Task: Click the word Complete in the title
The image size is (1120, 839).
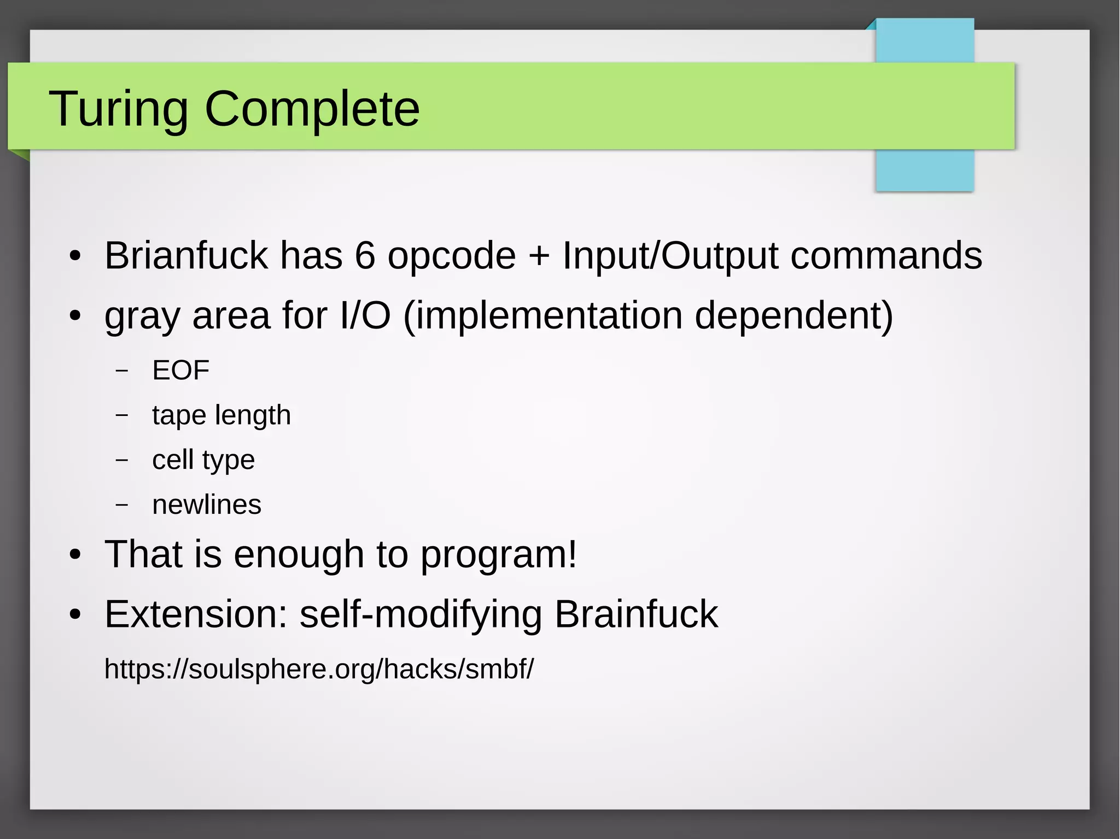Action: pyautogui.click(x=312, y=109)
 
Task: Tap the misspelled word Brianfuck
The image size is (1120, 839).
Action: pyautogui.click(x=186, y=255)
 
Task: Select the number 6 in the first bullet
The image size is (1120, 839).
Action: pyautogui.click(x=365, y=255)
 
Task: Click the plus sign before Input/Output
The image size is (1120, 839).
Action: pyautogui.click(x=539, y=256)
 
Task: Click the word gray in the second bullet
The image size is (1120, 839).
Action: pyautogui.click(x=142, y=316)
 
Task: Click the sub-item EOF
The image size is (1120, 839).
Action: pyautogui.click(x=180, y=371)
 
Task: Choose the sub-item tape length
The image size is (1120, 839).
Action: pyautogui.click(x=221, y=415)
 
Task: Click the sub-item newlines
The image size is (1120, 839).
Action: pyautogui.click(x=207, y=504)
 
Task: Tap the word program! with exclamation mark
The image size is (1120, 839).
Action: pyautogui.click(x=498, y=554)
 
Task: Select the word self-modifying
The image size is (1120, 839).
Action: pyautogui.click(x=421, y=614)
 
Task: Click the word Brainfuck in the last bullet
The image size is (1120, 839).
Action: pyautogui.click(x=636, y=614)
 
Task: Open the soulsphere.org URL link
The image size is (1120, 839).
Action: pyautogui.click(x=319, y=668)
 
